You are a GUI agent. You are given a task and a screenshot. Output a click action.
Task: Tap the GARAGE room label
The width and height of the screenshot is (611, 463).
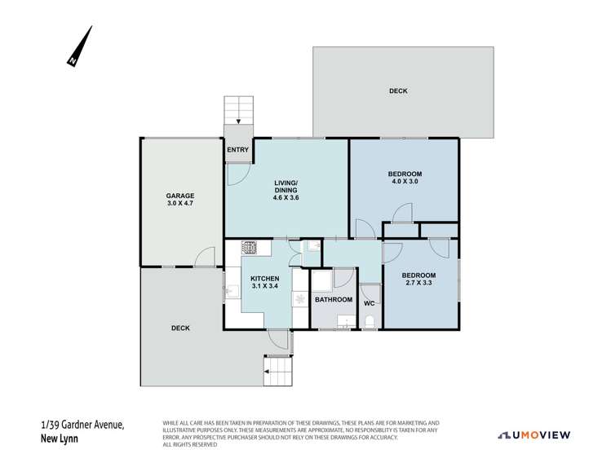[x=180, y=196]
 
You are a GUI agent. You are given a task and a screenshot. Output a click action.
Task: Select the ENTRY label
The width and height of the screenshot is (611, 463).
[x=237, y=149]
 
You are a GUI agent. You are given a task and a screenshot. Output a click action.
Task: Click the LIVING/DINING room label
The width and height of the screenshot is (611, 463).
[x=286, y=187]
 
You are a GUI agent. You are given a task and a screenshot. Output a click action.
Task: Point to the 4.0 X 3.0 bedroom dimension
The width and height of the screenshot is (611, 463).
[x=405, y=182]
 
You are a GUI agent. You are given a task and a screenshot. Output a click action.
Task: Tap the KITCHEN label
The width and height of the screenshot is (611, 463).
[x=265, y=278]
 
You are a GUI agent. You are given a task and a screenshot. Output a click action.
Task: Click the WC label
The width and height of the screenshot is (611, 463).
[x=369, y=303]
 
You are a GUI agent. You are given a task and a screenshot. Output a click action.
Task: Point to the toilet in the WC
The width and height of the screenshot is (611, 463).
[x=371, y=321]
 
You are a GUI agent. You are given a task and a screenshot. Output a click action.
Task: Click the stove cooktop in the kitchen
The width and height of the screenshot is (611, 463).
[x=250, y=248]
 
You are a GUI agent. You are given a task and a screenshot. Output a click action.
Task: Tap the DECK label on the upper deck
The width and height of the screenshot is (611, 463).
[x=398, y=90]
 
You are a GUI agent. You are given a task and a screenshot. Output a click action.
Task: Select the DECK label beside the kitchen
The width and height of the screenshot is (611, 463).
[x=180, y=329]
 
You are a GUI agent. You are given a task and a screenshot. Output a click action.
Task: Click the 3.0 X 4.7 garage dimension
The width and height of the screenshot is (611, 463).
[x=180, y=206]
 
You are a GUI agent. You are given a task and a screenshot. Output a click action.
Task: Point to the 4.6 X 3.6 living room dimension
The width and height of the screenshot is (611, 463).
[x=286, y=196]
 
